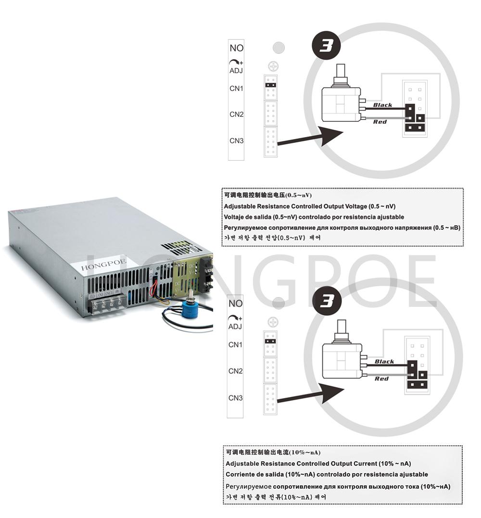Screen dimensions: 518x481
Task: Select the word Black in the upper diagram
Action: pos(382,105)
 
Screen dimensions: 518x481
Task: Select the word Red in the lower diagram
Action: pos(381,379)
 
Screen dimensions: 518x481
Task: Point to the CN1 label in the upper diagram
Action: pos(236,88)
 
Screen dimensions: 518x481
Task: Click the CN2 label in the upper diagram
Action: pos(236,114)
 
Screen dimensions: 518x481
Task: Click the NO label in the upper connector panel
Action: pos(237,48)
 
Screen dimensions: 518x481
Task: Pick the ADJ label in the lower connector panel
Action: pos(236,327)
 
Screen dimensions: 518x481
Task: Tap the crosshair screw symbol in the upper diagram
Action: pos(274,66)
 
